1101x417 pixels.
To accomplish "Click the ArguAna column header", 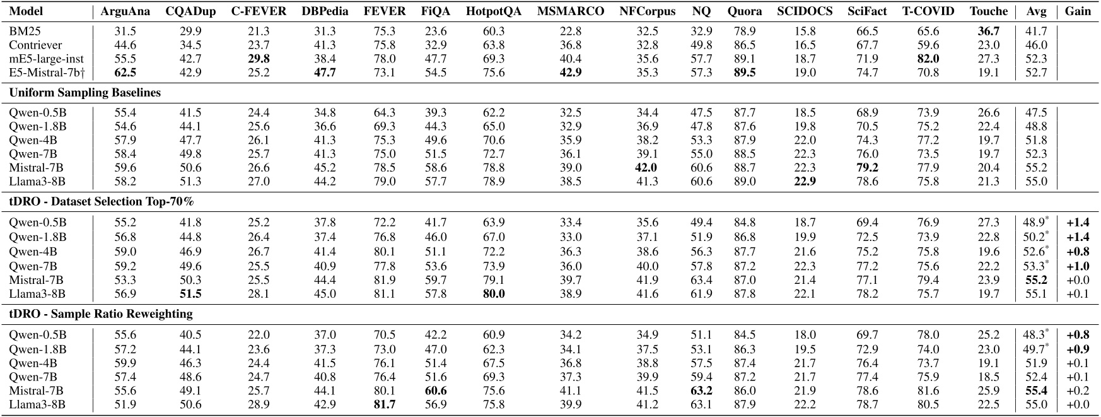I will (125, 11).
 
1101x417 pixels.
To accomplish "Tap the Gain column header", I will (1078, 11).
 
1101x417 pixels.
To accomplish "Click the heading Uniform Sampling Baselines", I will (84, 93).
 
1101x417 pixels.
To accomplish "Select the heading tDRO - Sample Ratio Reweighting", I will (101, 314).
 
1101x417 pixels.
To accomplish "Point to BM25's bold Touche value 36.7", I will (988, 31).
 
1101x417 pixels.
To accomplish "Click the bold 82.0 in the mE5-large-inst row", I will (928, 59).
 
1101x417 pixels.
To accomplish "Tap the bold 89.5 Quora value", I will (745, 73).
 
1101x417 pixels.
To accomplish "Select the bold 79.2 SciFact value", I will (868, 168).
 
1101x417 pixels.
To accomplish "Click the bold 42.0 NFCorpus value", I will (645, 168).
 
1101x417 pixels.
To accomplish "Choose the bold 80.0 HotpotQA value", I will (493, 293).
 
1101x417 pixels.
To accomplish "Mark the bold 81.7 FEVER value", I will (385, 404).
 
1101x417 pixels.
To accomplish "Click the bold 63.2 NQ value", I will (701, 391).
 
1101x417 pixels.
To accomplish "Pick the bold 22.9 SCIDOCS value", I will (805, 182).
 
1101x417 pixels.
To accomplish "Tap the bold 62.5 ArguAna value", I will (125, 73).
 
